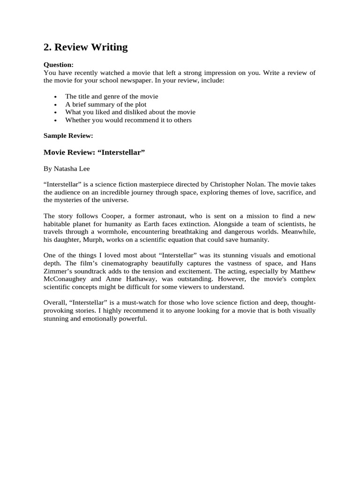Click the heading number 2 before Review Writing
(47, 47)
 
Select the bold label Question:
(59, 65)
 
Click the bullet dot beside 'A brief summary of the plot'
(55, 105)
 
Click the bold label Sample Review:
(68, 135)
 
